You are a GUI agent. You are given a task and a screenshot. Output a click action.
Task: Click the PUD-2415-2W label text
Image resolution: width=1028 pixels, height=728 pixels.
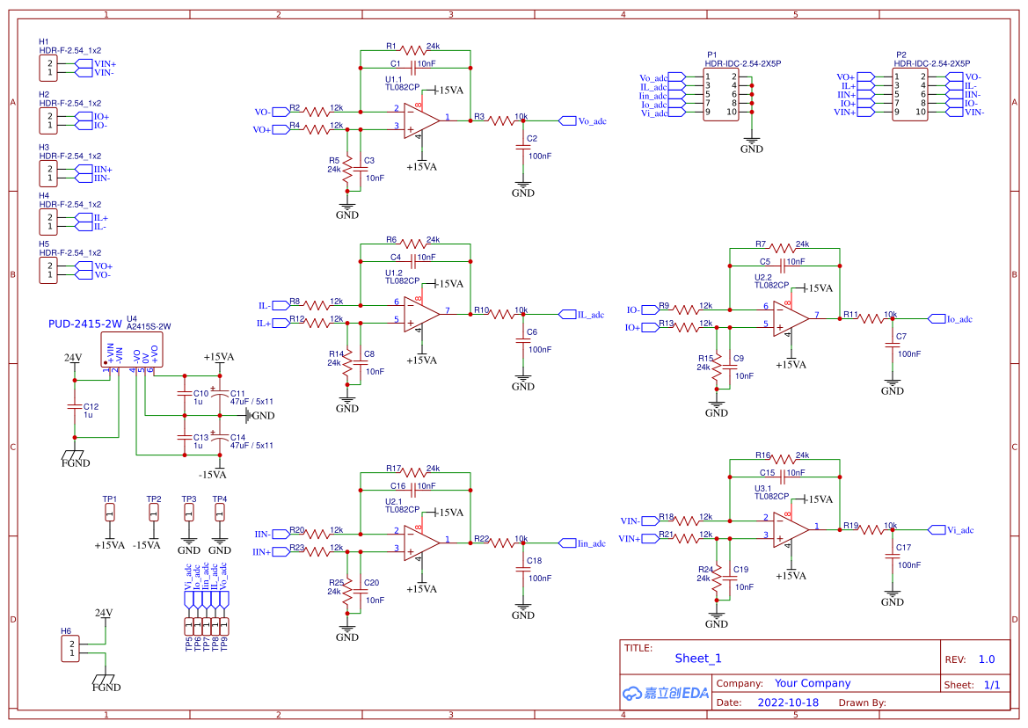[x=84, y=324]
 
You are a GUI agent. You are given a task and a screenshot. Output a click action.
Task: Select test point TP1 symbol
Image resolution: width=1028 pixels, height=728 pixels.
[x=110, y=513]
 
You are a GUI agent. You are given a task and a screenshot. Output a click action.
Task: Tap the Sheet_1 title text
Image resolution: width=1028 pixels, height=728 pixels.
[x=698, y=658]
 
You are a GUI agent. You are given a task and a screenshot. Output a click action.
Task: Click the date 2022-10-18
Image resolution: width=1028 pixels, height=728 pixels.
[x=788, y=703]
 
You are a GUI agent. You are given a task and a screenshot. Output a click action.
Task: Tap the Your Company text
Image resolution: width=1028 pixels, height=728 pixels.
[x=813, y=683]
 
